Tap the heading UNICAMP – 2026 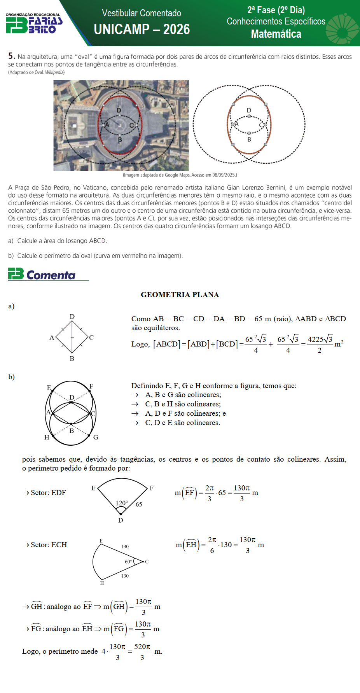(x=142, y=30)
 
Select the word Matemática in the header (x=276, y=34)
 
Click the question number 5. (x=11, y=56)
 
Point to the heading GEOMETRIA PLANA (x=180, y=295)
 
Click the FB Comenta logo (x=42, y=274)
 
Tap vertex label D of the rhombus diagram (x=72, y=317)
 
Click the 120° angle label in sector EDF (x=122, y=503)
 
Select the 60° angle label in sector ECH (x=128, y=562)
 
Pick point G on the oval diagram (x=95, y=437)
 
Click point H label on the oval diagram (x=47, y=437)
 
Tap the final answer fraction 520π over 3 (x=142, y=651)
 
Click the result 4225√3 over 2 (x=320, y=344)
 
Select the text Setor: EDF (x=48, y=493)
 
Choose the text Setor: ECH (x=49, y=545)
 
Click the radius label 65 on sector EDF (x=139, y=504)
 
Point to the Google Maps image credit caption (x=180, y=175)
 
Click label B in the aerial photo (x=120, y=140)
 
